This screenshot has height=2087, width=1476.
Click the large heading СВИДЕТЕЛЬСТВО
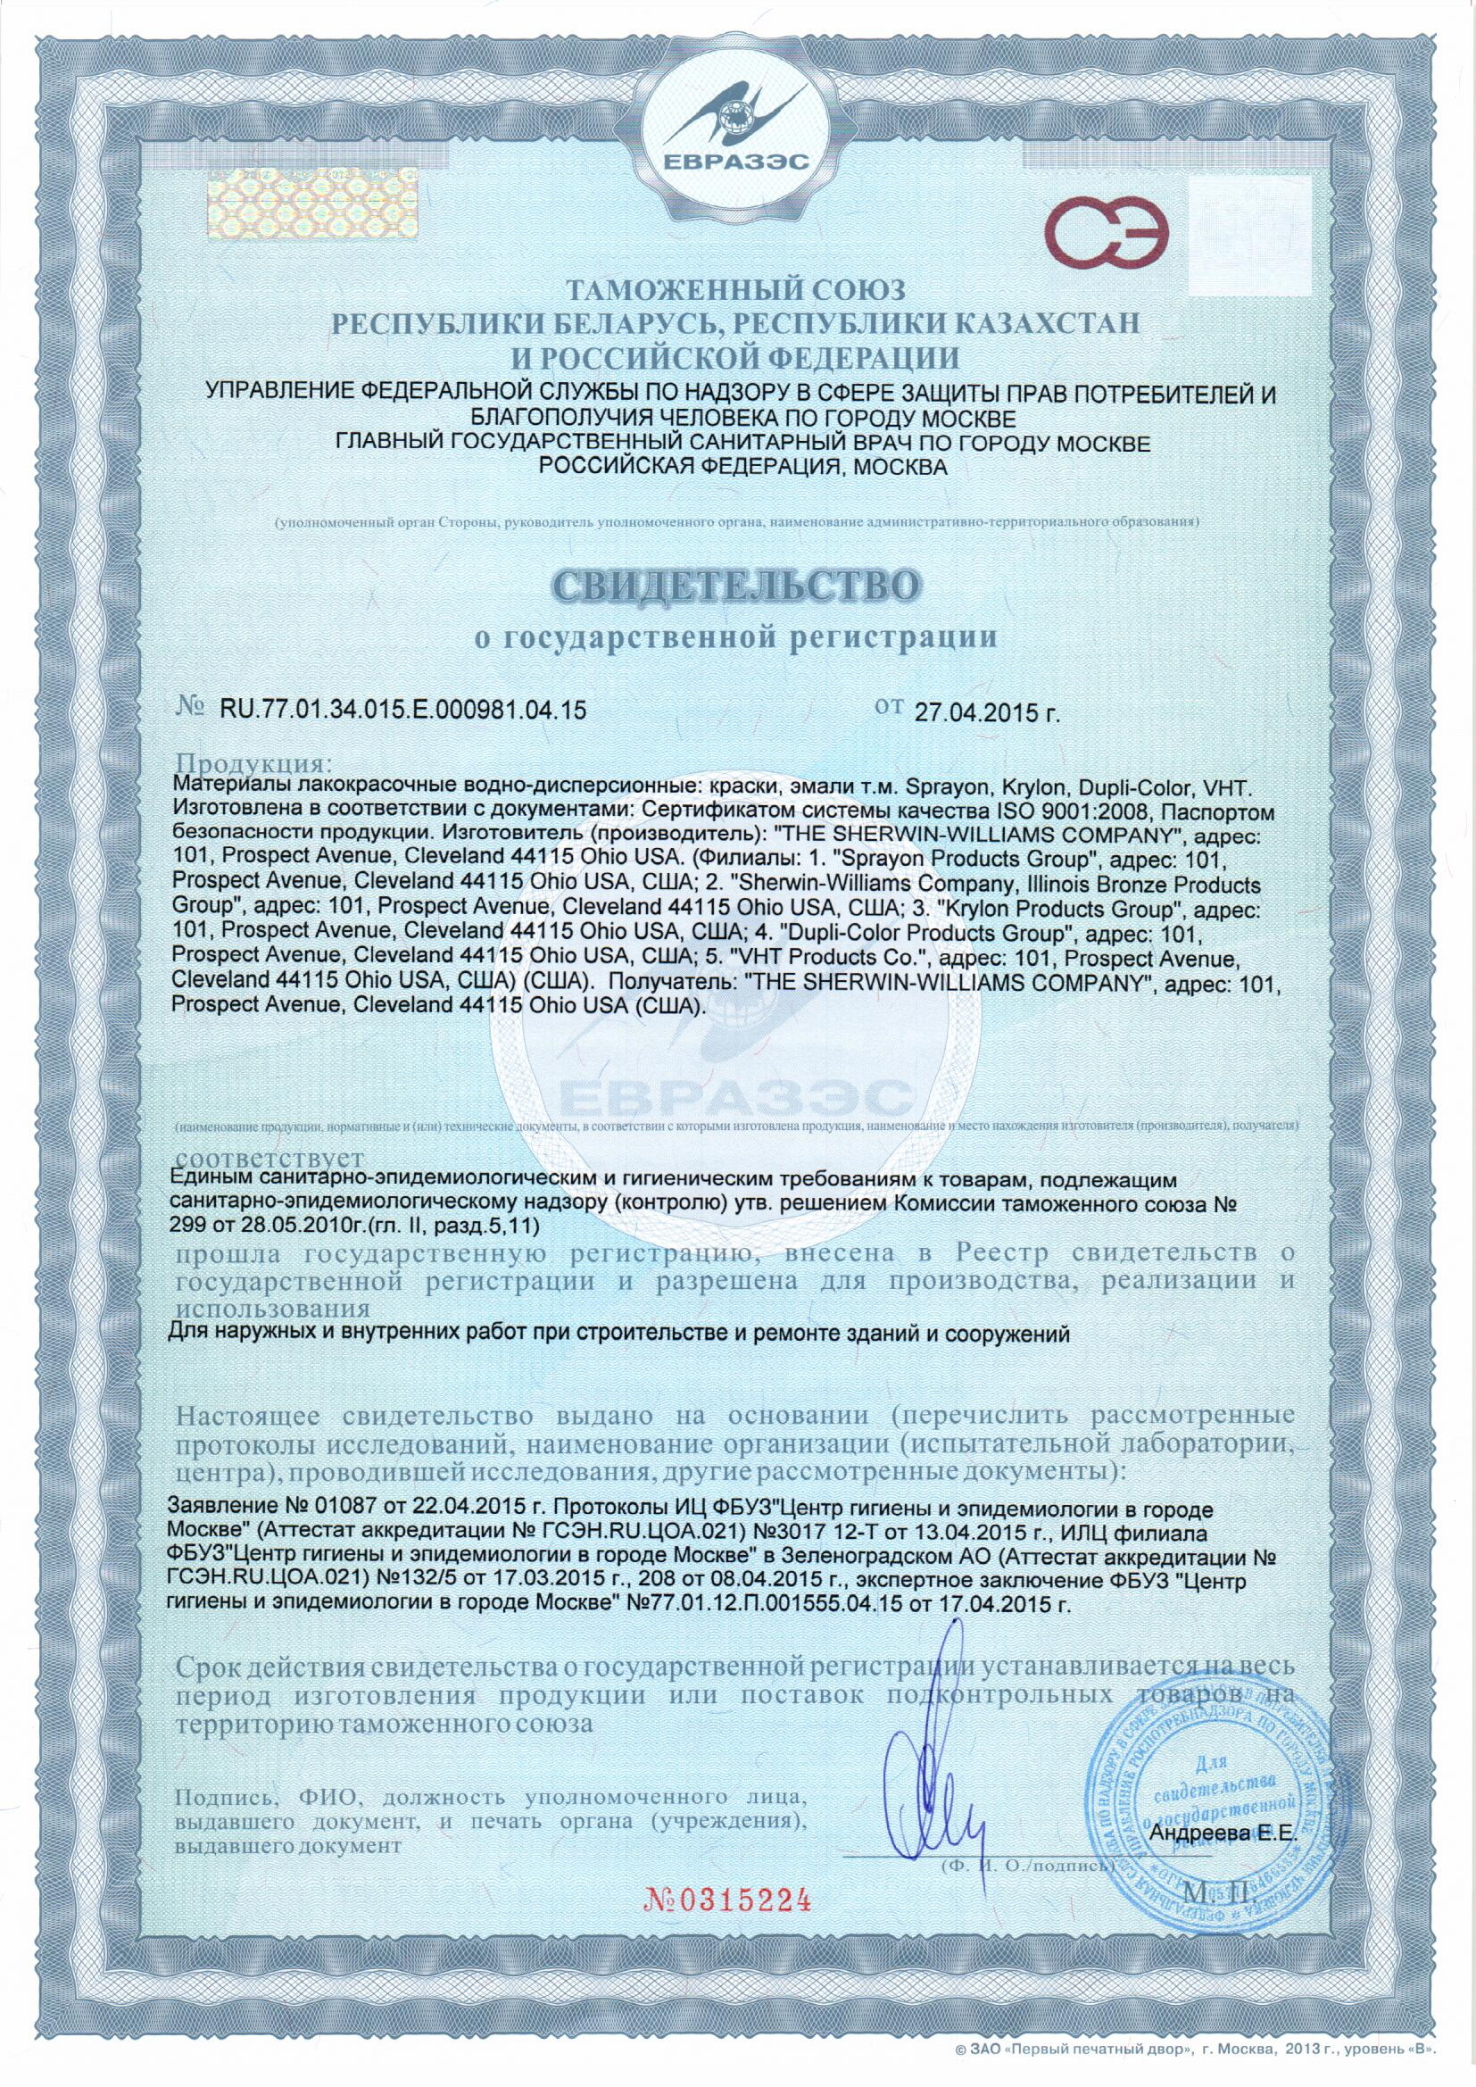point(738,586)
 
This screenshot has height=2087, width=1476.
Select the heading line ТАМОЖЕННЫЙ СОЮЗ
point(737,291)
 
